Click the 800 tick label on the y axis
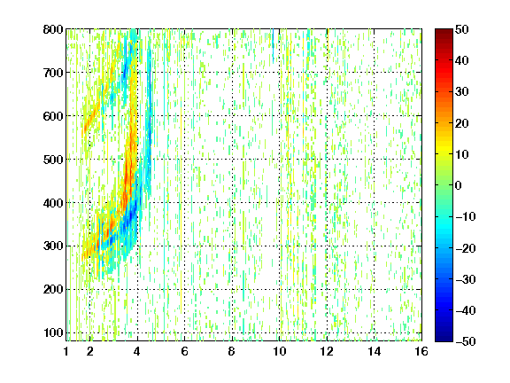click(53, 29)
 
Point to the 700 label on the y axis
click(53, 73)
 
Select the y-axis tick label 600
click(53, 116)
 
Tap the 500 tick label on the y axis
click(53, 160)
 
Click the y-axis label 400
click(53, 203)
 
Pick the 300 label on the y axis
click(53, 246)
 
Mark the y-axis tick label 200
click(53, 289)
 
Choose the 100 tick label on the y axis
click(53, 332)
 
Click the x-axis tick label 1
click(66, 351)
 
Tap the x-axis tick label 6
click(184, 351)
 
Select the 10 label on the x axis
click(280, 351)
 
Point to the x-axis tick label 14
click(374, 351)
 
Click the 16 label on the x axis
click(421, 351)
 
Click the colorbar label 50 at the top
click(462, 29)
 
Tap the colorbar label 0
click(459, 185)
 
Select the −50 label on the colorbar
click(466, 341)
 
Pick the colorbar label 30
click(462, 92)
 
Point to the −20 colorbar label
click(466, 248)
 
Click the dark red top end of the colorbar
click(444, 31)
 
